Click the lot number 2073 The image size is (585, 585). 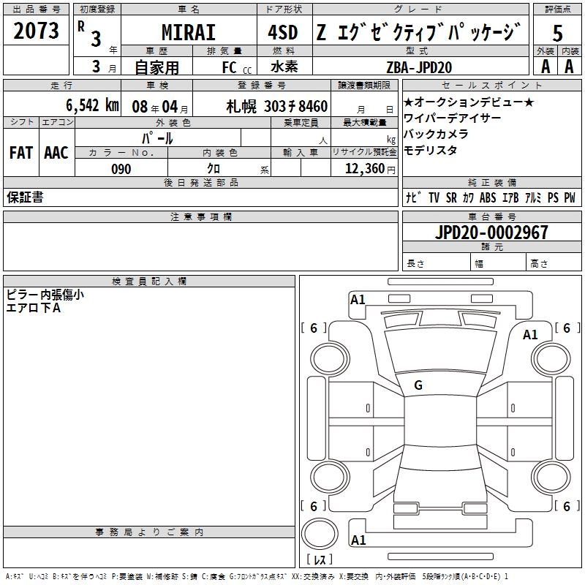(36, 31)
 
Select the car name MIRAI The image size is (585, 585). (189, 32)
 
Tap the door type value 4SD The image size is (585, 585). (283, 32)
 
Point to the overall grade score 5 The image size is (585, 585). (557, 34)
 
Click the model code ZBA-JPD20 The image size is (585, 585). (419, 67)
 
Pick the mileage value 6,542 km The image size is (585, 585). (93, 105)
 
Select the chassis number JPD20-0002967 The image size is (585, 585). (491, 233)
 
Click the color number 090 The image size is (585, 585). (121, 169)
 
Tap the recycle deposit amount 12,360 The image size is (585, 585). (365, 169)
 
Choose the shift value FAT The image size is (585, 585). (21, 153)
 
